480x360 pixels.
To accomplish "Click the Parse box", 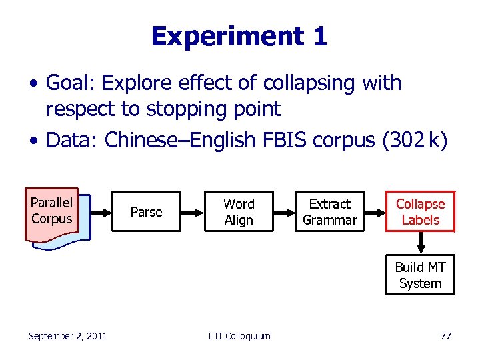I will coord(146,212).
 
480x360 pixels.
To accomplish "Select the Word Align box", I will coord(239,212).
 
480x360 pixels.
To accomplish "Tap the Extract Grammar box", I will coord(329,212).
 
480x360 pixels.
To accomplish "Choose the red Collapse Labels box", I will coord(420,212).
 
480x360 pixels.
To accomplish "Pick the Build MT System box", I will coord(420,275).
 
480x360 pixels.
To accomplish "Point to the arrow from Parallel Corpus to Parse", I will coord(97,212).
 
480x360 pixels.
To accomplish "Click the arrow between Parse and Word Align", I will coord(192,212).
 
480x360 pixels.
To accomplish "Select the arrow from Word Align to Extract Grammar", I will coord(283,212).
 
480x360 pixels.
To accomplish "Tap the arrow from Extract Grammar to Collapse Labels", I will coord(374,212).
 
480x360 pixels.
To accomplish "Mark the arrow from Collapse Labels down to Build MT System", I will coord(420,243).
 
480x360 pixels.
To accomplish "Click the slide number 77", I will coord(446,336).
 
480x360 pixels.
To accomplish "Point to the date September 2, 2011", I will coord(67,336).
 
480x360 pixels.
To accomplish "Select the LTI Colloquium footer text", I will coord(239,336).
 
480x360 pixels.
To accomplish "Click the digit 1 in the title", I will coord(319,36).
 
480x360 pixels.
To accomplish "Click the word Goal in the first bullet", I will coord(70,83).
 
